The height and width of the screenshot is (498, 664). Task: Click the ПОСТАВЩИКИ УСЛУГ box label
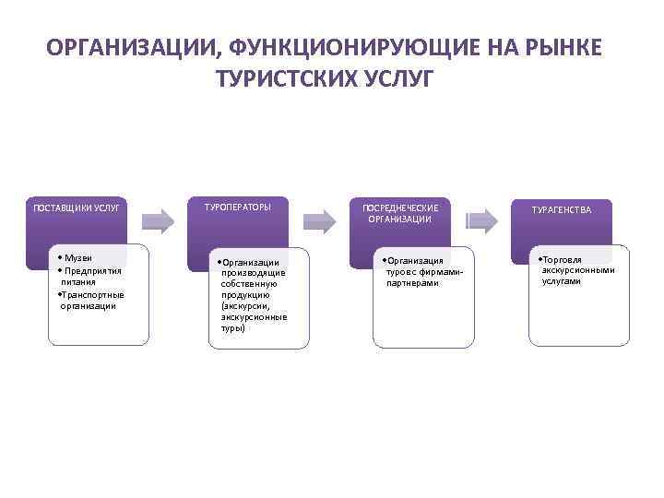[77, 208]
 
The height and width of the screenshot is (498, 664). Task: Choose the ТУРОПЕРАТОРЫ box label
[238, 207]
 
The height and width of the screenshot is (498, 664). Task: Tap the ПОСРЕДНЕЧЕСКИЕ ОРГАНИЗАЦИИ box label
[398, 213]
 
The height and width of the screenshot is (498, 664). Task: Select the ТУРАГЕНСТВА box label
[561, 210]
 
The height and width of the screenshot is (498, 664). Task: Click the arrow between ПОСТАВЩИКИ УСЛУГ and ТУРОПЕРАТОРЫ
[159, 219]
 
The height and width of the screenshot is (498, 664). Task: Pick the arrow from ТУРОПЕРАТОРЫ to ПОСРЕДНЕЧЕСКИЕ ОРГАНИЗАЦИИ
[320, 219]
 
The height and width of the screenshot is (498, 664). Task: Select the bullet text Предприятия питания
[91, 276]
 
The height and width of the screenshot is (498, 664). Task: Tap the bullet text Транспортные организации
[91, 300]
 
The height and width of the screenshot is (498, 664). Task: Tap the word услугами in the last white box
[562, 282]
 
